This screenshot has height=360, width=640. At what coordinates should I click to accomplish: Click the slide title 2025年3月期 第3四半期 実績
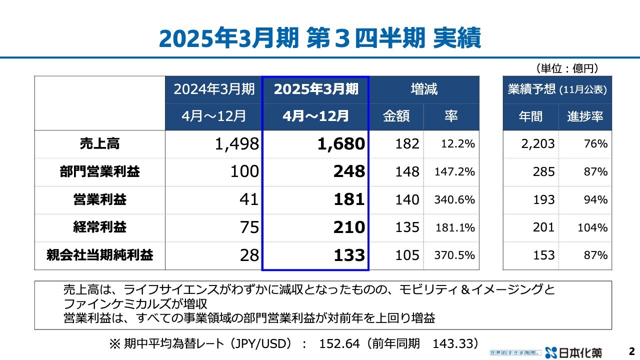[x=320, y=37]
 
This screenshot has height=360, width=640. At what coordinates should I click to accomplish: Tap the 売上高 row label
[x=99, y=144]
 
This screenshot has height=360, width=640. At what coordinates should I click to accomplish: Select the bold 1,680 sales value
[x=341, y=144]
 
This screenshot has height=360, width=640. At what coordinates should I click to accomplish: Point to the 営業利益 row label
[x=99, y=200]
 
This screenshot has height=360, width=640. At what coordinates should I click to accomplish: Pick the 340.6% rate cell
[x=454, y=200]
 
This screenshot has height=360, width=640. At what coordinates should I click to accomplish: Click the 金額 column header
[x=396, y=116]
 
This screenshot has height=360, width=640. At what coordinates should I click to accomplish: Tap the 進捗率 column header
[x=585, y=116]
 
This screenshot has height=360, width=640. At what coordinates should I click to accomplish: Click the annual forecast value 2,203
[x=537, y=144]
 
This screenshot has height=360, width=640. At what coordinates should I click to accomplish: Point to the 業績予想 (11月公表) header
[x=557, y=89]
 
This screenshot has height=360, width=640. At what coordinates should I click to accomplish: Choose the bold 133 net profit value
[x=349, y=255]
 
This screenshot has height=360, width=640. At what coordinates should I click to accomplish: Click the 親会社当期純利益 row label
[x=99, y=255]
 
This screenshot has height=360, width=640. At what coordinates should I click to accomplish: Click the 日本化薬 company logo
[x=574, y=352]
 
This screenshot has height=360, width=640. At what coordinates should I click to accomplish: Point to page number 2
[x=631, y=351]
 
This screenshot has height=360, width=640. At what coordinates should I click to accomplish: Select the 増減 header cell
[x=424, y=89]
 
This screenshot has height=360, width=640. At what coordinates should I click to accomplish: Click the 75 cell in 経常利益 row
[x=248, y=227]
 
